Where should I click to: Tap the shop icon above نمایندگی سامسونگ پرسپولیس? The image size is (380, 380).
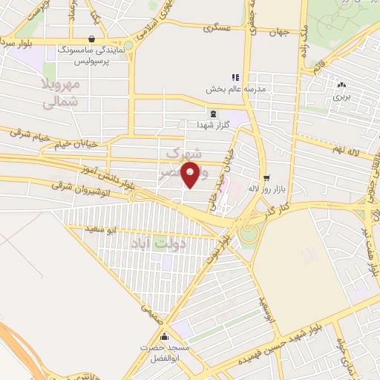[91, 39]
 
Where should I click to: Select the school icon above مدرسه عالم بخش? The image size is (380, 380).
[236, 76]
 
